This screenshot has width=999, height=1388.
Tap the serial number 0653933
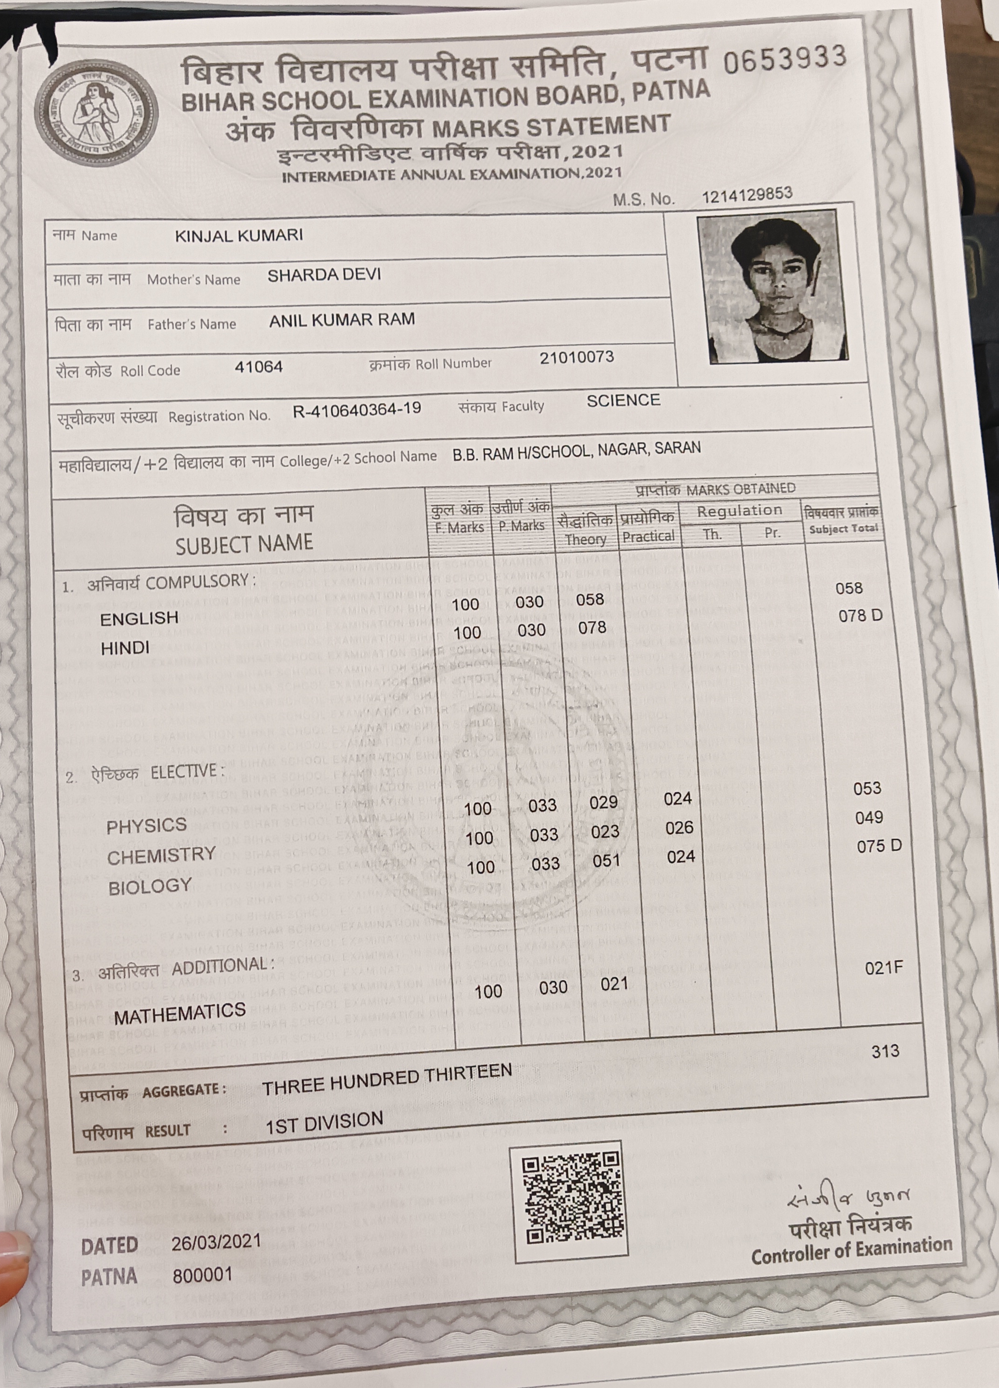[784, 60]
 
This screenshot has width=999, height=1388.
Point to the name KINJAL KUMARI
[239, 236]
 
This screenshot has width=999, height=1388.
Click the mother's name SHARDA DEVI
[324, 275]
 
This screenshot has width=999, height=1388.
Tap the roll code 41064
[258, 367]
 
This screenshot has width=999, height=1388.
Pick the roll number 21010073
[576, 357]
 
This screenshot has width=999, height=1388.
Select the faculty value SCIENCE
[623, 401]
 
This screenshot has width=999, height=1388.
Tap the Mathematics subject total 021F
[884, 968]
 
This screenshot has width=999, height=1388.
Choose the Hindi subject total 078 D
[860, 616]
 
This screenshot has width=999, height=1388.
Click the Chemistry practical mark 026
[679, 828]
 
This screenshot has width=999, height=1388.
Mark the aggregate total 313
[885, 1051]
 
